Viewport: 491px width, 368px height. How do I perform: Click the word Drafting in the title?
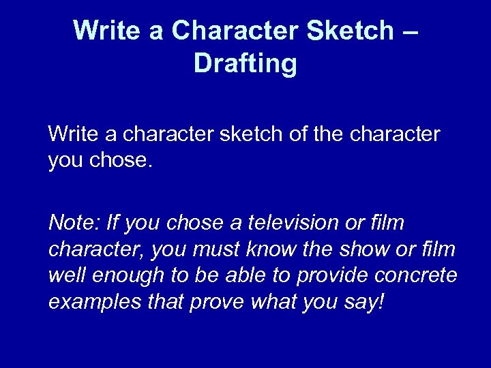click(x=245, y=63)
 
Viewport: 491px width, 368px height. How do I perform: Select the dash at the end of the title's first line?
click(x=407, y=31)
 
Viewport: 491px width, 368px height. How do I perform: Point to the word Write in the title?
click(x=109, y=31)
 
